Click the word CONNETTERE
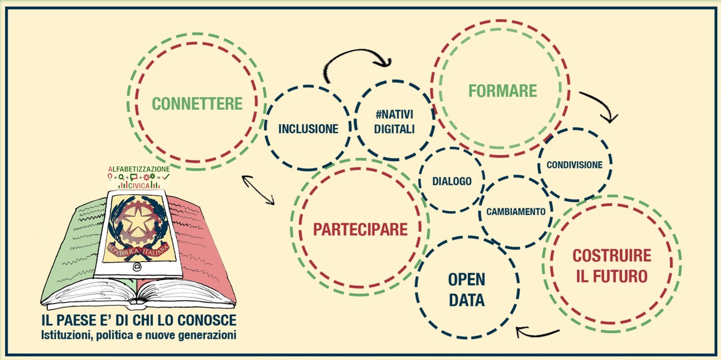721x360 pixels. (x=197, y=104)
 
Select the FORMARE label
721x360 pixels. (x=503, y=91)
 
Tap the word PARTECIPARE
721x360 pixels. (x=360, y=229)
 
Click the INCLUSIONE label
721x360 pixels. (x=308, y=129)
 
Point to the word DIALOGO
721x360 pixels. (x=452, y=181)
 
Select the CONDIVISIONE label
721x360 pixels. (x=574, y=165)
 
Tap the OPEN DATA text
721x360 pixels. (x=467, y=289)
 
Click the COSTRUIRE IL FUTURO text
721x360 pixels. (x=612, y=266)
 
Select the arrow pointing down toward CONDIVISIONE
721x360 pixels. (x=600, y=106)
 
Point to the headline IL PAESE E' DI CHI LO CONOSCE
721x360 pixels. (x=139, y=320)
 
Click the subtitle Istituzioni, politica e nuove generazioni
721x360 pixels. (x=139, y=335)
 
